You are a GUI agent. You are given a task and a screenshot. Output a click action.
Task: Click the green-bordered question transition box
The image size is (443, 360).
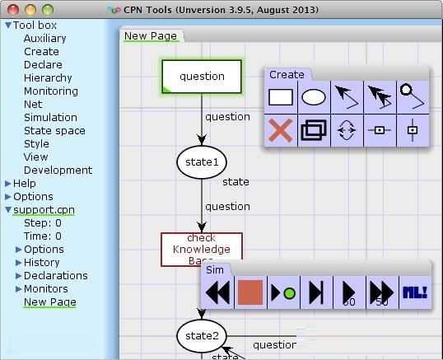point(202,77)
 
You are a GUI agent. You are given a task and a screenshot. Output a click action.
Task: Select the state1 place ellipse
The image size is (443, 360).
point(202,162)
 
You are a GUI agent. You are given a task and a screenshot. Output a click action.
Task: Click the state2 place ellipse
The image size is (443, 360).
point(201,335)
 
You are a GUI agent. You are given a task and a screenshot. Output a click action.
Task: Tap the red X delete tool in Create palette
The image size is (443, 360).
point(281,131)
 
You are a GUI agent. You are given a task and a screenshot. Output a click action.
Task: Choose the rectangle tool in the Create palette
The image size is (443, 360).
point(281,97)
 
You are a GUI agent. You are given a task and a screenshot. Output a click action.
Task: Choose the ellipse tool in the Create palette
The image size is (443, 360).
point(314,97)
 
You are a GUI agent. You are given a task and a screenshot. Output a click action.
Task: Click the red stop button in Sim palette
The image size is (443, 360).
point(250,292)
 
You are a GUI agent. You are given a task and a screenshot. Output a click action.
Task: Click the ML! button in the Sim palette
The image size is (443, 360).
point(414,292)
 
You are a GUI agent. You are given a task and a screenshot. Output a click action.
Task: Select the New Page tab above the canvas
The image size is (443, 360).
point(152,35)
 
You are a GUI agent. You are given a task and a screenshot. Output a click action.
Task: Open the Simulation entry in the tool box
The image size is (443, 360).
point(50,117)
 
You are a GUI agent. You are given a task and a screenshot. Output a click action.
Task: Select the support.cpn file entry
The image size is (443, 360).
point(44,209)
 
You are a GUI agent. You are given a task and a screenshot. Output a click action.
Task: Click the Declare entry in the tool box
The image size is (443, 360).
point(43,64)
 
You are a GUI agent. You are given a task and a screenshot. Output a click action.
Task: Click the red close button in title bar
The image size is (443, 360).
point(11,10)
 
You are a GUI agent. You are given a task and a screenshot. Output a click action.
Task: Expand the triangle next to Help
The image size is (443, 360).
point(8,183)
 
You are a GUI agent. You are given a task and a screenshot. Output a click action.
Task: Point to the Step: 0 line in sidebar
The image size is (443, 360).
point(43,222)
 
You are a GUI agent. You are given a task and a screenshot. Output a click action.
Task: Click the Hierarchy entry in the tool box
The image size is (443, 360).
point(48,77)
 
